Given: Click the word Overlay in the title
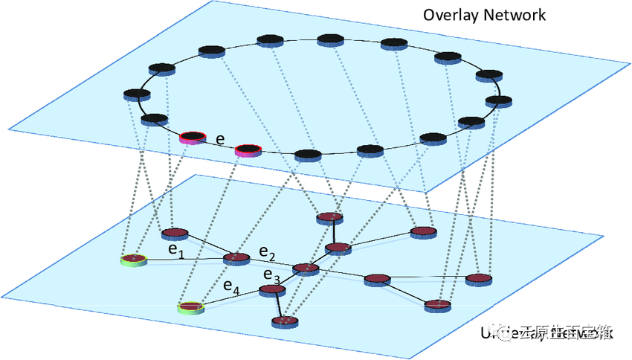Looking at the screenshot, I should tap(448, 15).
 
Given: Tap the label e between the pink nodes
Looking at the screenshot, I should tap(220, 139).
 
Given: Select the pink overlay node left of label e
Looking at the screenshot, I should tap(192, 137).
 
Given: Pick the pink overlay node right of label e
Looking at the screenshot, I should tap(248, 151).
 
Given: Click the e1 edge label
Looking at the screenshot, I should tap(175, 253).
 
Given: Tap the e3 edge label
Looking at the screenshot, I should tap(272, 277).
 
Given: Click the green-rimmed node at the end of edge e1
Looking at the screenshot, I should tap(134, 260).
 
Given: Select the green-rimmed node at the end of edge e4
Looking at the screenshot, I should tap(190, 306).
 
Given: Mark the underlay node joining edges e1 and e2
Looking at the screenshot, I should tap(236, 259).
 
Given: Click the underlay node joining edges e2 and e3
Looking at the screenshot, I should tap(305, 269).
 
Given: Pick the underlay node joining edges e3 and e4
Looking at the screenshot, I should tap(271, 292).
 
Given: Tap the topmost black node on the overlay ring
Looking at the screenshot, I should tap(330, 39).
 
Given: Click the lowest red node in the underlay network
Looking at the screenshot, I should tap(284, 321).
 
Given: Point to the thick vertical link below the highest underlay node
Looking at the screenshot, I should tap(334, 232).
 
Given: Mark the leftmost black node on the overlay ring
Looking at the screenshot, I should tap(137, 94).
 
